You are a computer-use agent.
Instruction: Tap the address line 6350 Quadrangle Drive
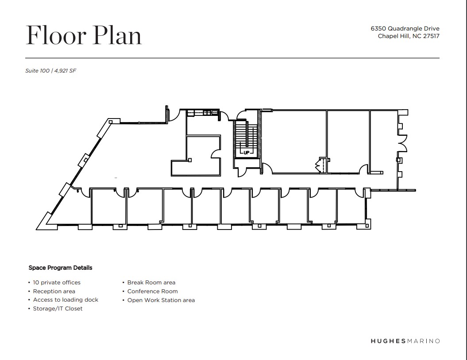(x=405, y=29)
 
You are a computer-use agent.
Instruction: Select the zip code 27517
(x=431, y=36)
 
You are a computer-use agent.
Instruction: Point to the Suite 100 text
(x=37, y=70)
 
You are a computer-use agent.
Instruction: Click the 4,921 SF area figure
(x=65, y=70)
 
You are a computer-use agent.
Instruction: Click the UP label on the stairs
(x=246, y=153)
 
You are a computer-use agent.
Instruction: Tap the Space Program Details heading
(x=61, y=268)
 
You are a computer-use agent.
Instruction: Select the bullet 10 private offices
(x=57, y=282)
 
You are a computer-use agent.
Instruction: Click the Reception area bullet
(x=54, y=291)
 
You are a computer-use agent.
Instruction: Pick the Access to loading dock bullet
(x=66, y=300)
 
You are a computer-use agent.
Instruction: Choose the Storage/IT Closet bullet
(x=58, y=309)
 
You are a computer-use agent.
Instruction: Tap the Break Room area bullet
(x=151, y=282)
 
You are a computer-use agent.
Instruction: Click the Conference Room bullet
(x=152, y=291)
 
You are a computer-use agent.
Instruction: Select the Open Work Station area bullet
(x=161, y=300)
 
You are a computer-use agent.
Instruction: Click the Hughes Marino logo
(x=405, y=341)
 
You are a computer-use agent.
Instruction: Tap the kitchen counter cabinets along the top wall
(x=203, y=113)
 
